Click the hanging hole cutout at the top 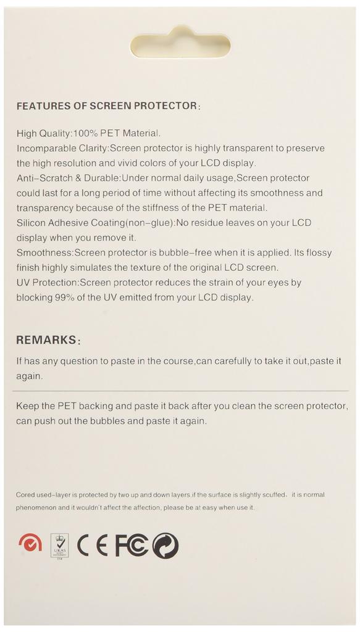tap(180, 44)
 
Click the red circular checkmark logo tap(30, 543)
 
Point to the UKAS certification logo tap(59, 546)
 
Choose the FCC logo tap(131, 545)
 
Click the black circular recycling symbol tap(165, 546)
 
